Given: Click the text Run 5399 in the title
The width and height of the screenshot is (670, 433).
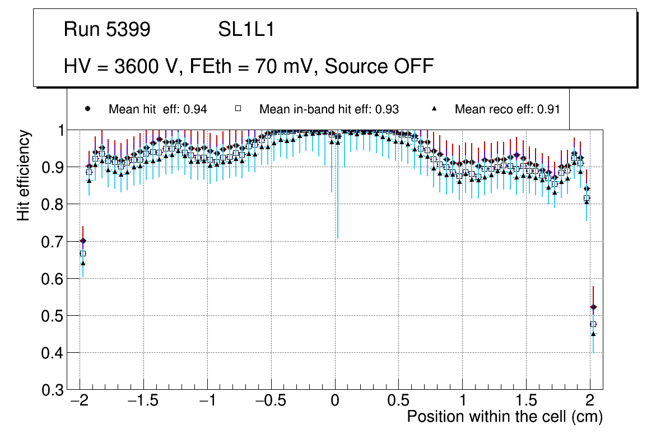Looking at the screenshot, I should click(107, 30).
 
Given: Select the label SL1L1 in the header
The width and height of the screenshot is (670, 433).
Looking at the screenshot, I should click(246, 30).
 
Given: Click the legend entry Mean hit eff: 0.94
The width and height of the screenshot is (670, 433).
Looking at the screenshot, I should click(157, 109).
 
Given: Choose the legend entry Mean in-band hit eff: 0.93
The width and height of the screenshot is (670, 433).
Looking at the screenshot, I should click(329, 109).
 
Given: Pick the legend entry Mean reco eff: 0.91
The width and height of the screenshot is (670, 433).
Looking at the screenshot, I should click(507, 109).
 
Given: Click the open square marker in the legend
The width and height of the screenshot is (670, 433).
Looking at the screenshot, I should click(238, 109).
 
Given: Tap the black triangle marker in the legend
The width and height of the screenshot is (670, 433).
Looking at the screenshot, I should click(435, 109).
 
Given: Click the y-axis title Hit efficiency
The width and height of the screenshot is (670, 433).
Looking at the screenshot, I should click(24, 175).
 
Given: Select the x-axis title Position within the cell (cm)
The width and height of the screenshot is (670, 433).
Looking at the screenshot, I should click(504, 417).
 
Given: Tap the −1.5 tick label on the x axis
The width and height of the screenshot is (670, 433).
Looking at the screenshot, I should click(143, 402).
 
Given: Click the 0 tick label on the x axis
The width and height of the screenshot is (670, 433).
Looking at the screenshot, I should click(335, 402).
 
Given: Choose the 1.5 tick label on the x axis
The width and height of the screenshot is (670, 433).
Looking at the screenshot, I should click(526, 402).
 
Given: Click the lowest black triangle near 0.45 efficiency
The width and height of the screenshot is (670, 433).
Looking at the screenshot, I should click(593, 334).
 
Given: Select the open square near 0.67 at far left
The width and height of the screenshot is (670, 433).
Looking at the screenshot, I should click(83, 254).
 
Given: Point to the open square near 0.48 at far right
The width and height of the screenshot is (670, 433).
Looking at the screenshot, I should click(593, 324).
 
